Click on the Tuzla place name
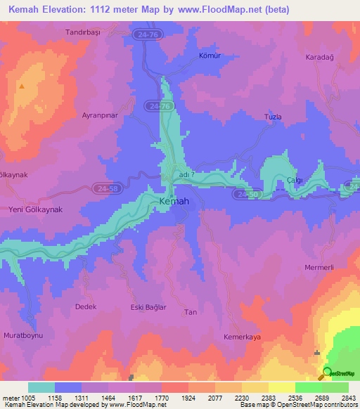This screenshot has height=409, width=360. pyautogui.click(x=272, y=116)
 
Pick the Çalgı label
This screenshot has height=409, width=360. pyautogui.click(x=295, y=181)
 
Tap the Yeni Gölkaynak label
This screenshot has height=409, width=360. pyautogui.click(x=35, y=210)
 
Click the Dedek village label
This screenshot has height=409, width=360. pyautogui.click(x=85, y=306)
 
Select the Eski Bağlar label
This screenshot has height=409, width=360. pyautogui.click(x=138, y=306)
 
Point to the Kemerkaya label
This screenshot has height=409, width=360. pyautogui.click(x=242, y=337)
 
